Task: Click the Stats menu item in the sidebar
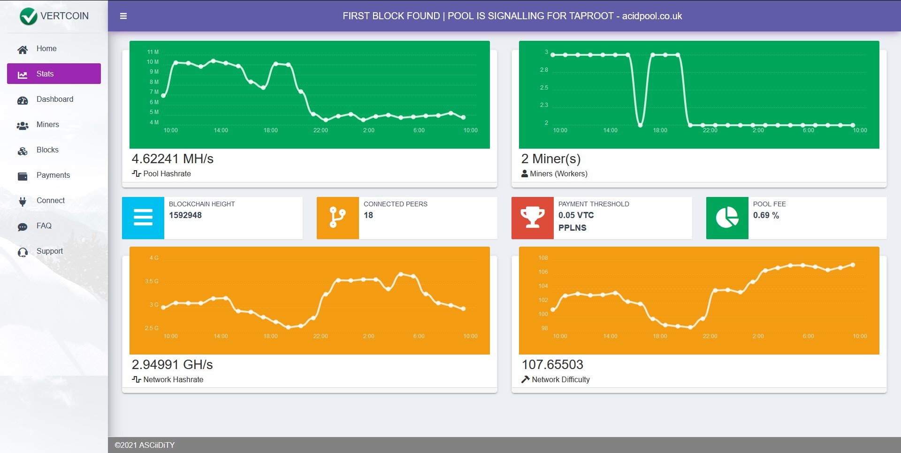[54, 74]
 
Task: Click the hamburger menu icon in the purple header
[123, 16]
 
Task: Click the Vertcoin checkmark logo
[28, 16]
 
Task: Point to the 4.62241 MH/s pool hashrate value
[172, 159]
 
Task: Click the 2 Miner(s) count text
[551, 159]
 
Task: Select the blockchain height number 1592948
[185, 215]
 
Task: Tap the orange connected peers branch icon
[338, 218]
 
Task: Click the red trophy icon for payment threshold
[533, 218]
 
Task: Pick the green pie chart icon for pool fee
[727, 218]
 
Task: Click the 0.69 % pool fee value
[766, 215]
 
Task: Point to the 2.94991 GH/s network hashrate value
[172, 365]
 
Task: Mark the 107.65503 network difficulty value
[552, 365]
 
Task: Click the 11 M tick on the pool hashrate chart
[153, 52]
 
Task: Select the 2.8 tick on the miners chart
[544, 70]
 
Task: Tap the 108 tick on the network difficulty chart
[543, 258]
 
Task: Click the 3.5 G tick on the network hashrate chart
[152, 281]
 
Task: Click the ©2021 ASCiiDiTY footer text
[145, 445]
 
